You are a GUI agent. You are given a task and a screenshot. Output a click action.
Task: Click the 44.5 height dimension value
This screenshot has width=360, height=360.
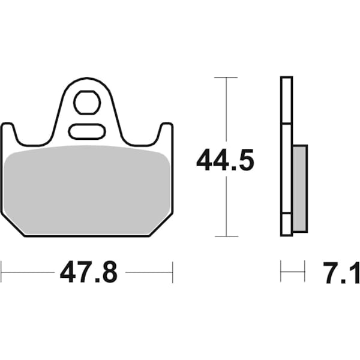coord(226,160)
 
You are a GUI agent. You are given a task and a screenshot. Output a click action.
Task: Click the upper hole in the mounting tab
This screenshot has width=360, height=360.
coord(87,103)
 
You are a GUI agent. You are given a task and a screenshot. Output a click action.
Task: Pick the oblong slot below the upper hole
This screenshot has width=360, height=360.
coord(87,131)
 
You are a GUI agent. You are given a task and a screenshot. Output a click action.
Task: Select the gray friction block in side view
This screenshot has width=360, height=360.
coord(299,188)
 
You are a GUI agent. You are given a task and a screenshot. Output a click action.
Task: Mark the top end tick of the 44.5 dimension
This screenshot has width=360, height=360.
coord(226,77)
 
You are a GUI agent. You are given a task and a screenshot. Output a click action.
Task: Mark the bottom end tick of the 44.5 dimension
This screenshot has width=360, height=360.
coord(226,236)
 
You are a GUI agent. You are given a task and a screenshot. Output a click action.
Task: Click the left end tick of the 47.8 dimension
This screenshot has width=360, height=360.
coord(2,272)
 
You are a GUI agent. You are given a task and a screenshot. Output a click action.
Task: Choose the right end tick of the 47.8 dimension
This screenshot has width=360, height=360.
coord(173,272)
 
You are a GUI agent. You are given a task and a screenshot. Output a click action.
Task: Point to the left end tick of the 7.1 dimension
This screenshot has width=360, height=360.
coord(281,272)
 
